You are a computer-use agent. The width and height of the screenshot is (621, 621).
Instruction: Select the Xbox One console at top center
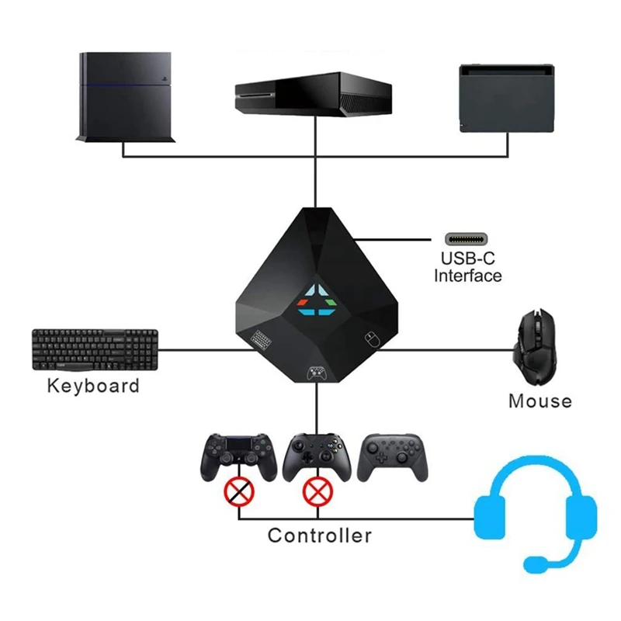click(x=313, y=92)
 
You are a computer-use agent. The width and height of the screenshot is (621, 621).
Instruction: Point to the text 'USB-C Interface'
click(x=468, y=267)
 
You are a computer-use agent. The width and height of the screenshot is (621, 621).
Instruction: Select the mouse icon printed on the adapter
click(x=370, y=338)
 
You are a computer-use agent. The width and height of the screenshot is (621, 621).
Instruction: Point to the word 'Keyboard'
click(x=93, y=386)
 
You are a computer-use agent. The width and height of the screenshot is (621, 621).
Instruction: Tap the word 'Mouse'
click(x=539, y=401)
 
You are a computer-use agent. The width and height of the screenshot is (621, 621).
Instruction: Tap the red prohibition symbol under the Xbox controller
click(x=316, y=491)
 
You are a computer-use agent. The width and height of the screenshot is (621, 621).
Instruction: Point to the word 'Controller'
click(x=319, y=535)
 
